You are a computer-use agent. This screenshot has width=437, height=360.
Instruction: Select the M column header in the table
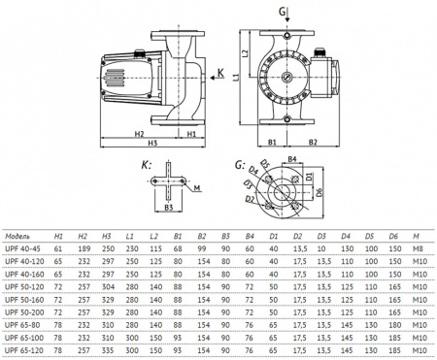pos(418,236)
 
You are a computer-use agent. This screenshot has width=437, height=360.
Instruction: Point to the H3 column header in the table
pos(108,236)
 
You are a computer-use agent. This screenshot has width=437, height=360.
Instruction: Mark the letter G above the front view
pos(283,11)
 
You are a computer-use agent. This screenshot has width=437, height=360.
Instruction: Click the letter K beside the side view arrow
pos(221,73)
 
